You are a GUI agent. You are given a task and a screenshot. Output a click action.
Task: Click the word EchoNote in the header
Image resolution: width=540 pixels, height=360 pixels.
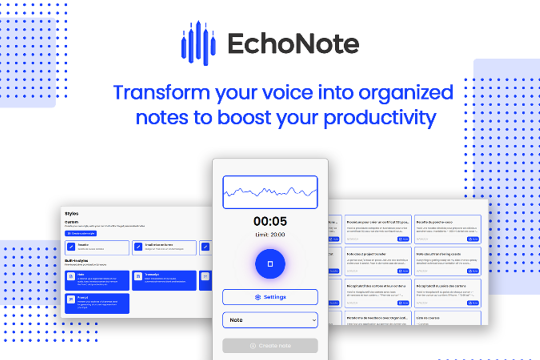293,44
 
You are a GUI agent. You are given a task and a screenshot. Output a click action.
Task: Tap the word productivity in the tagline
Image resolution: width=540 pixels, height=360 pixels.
380,118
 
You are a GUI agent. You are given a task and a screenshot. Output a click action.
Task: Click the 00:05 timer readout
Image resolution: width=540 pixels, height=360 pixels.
270,221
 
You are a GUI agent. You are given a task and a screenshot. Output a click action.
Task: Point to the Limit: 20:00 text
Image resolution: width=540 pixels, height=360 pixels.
270,235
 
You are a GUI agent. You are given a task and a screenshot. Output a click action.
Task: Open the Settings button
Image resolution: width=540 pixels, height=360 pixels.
270,297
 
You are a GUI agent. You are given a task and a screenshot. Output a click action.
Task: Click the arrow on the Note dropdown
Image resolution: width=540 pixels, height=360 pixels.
313,320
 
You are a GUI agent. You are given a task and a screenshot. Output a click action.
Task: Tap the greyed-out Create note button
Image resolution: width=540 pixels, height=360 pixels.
270,345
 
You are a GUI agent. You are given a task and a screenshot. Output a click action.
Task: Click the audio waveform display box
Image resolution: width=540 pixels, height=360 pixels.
270,192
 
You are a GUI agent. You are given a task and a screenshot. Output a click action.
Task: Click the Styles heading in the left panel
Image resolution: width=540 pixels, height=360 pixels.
71,213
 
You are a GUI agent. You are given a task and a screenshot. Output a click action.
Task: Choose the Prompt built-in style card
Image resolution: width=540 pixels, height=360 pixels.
97,303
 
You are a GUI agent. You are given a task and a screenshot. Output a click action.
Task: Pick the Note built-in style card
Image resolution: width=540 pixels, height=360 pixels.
97,280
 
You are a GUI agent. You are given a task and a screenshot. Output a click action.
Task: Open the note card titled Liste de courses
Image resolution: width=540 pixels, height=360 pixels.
447,318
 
